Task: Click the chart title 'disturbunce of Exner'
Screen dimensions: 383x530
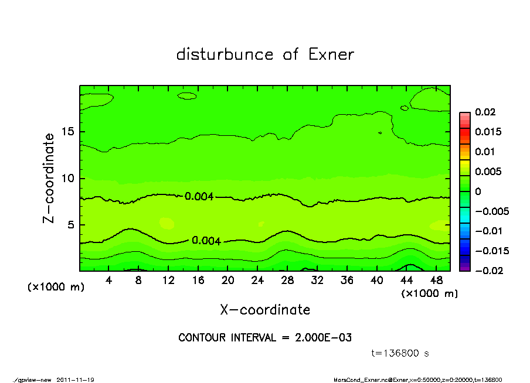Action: pos(265,55)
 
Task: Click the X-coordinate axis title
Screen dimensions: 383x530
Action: pos(265,309)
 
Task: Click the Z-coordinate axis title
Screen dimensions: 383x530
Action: pos(49,178)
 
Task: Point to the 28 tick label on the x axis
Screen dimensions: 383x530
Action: pos(287,280)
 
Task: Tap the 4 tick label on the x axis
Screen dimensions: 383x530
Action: pos(108,280)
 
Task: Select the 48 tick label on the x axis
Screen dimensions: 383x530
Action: pos(436,280)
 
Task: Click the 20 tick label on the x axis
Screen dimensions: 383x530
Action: pos(228,280)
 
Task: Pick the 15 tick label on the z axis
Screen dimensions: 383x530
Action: pos(69,132)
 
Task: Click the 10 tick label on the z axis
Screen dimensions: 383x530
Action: pos(69,178)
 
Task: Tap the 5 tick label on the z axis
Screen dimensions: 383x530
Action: pos(72,225)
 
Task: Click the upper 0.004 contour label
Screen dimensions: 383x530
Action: pos(199,196)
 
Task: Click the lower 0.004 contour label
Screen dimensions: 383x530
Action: pos(206,241)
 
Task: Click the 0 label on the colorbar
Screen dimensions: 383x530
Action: pos(478,191)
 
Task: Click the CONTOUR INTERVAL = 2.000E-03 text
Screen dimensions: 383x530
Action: pos(265,338)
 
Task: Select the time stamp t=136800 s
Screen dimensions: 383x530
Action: pos(402,353)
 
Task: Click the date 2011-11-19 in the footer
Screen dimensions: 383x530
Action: pos(76,380)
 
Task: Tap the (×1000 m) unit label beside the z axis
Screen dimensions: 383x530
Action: pos(56,287)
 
